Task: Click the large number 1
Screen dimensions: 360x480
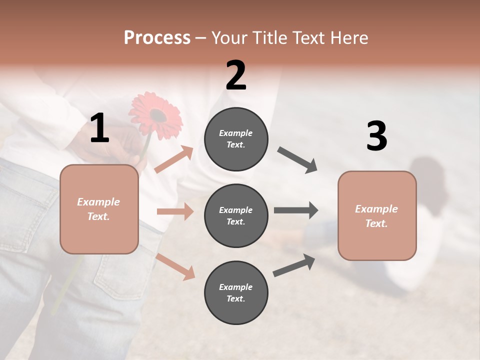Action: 99,128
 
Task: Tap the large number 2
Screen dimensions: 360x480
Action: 236,75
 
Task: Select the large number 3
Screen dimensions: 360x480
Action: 376,136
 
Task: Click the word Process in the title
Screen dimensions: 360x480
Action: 157,37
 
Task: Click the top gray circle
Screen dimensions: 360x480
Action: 236,139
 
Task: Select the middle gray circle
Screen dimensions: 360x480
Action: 236,215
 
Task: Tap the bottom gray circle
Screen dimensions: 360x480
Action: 236,292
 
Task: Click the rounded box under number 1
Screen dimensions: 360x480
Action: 99,209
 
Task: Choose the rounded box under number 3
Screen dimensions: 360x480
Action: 377,215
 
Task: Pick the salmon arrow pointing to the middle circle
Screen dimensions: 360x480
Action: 175,211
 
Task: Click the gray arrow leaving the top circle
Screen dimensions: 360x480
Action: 297,160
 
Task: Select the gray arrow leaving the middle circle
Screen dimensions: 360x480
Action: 296,210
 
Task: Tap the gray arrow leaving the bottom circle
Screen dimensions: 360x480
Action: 294,265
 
